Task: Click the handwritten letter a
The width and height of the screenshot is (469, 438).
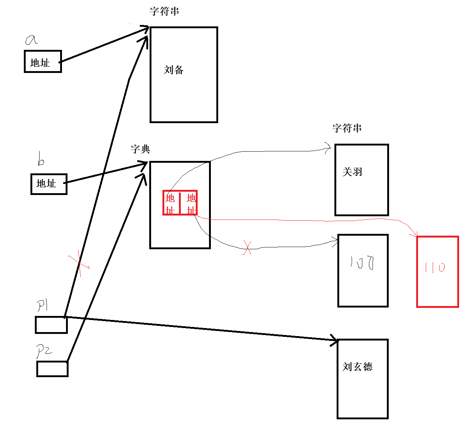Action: tap(31, 40)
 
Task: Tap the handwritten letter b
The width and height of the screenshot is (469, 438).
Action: tap(41, 160)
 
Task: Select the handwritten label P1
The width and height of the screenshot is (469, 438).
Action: tap(43, 305)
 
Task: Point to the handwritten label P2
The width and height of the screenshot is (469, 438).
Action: tap(44, 351)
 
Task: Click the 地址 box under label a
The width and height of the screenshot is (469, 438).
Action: tap(43, 62)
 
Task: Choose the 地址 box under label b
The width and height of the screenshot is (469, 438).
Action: tap(49, 184)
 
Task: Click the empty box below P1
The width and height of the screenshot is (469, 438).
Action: tap(51, 325)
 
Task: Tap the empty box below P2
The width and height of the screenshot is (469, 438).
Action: tap(52, 369)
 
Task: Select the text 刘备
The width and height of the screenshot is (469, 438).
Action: tap(173, 70)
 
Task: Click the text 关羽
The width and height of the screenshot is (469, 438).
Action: tap(352, 172)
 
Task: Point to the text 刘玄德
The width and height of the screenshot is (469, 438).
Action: tap(357, 367)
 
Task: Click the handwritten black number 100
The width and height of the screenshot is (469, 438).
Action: tap(362, 263)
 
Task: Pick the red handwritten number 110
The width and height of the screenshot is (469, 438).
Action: tap(435, 268)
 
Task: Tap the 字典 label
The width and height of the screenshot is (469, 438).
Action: tap(140, 149)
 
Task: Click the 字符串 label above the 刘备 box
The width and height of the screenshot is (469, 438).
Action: tap(164, 11)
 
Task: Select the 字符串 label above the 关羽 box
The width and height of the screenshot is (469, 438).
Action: tap(347, 128)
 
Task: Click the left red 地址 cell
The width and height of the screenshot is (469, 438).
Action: tap(171, 203)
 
